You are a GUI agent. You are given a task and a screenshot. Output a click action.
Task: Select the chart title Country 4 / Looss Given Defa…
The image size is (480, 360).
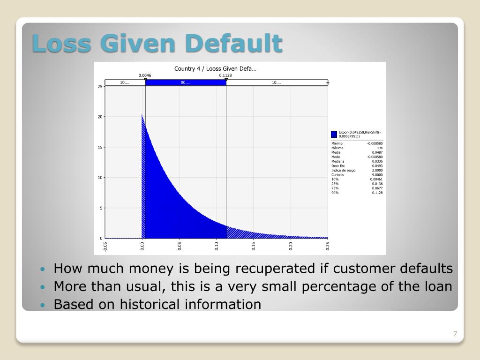coord(215,69)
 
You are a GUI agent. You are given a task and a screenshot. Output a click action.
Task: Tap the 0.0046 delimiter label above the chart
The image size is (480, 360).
coord(145,75)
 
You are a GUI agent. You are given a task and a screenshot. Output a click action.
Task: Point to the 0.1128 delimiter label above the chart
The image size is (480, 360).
coord(225,75)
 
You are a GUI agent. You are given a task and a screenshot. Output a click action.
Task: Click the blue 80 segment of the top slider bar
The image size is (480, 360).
coord(185,82)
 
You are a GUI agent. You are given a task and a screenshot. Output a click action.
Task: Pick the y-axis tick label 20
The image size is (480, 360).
coord(100,117)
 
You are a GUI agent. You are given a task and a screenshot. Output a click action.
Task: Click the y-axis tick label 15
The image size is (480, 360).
coord(100,147)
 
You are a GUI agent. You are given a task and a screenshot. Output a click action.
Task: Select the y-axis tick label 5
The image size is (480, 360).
coord(101,208)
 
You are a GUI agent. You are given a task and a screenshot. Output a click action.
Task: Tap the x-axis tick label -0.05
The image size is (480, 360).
coord(105,246)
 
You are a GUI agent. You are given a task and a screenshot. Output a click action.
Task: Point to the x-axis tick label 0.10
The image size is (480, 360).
coord(217,246)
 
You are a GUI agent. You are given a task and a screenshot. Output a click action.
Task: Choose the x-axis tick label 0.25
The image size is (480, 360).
coord(328,246)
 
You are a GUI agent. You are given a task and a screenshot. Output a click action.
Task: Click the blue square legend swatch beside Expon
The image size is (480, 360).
coord(334,134)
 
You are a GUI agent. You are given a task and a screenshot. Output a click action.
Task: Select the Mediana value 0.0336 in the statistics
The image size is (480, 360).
coord(377,161)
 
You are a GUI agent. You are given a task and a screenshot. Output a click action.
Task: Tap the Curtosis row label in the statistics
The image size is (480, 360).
coord(337,175)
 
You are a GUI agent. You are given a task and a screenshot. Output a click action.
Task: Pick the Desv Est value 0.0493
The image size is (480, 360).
coord(377,166)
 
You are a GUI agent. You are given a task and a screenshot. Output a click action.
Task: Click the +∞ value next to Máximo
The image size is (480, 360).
coord(380,148)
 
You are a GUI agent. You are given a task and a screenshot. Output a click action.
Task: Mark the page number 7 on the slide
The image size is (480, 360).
coord(455,334)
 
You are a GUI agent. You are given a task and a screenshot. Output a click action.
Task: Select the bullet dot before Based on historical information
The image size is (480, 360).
coord(43,305)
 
